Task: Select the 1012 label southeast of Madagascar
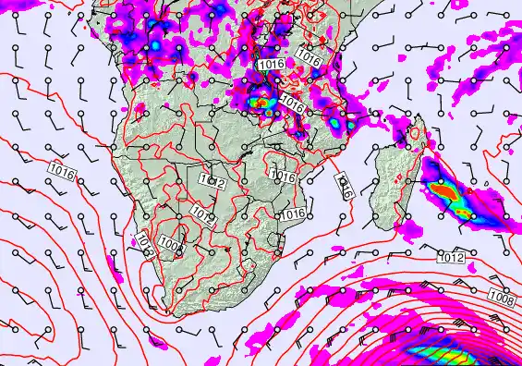[x=451, y=257]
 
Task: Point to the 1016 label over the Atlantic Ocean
[x=64, y=173]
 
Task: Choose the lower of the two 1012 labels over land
[x=204, y=216]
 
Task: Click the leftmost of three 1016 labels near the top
[x=271, y=64]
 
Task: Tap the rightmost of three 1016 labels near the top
[x=310, y=60]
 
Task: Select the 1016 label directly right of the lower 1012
[x=294, y=214]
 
